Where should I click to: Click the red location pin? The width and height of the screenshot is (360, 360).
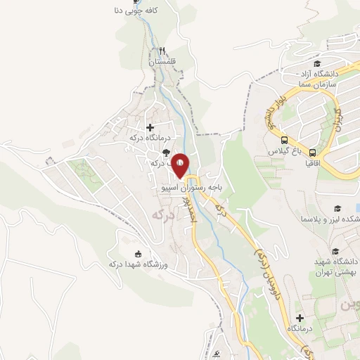[180, 165]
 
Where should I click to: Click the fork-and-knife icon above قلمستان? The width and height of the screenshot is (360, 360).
[162, 51]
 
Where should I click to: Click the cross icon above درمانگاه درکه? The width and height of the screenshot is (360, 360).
[150, 127]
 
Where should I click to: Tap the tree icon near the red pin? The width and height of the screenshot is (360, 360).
[165, 152]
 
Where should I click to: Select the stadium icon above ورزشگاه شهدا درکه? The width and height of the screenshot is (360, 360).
[138, 254]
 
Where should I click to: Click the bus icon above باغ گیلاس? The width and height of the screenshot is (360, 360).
[285, 140]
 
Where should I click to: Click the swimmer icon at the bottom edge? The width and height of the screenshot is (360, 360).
[219, 353]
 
